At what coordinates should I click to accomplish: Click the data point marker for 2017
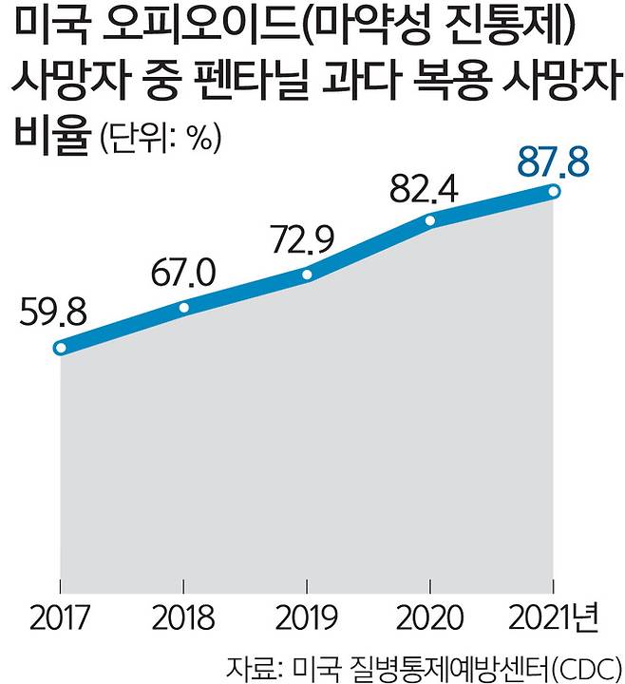61,349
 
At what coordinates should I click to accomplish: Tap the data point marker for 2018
184,308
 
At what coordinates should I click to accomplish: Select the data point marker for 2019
307,275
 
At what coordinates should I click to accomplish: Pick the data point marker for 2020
430,220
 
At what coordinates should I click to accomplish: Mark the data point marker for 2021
554,192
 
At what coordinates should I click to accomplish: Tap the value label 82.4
426,188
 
